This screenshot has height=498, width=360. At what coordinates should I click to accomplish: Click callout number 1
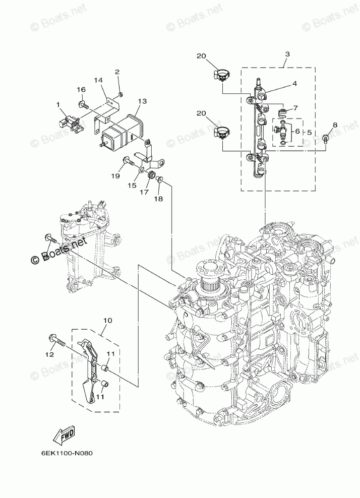[59, 105]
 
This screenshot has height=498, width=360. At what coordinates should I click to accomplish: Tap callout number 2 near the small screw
[117, 72]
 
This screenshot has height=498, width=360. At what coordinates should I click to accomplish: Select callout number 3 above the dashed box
[286, 53]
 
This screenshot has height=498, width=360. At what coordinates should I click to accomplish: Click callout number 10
[107, 320]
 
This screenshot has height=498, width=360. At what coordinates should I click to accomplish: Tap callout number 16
[81, 89]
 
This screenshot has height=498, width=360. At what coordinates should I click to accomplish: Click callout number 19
[116, 176]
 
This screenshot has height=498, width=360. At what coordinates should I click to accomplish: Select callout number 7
[296, 108]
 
